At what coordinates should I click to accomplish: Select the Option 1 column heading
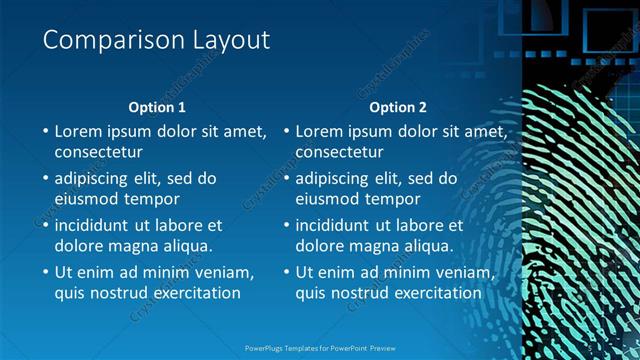[x=157, y=107]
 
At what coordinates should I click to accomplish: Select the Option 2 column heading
[x=398, y=107]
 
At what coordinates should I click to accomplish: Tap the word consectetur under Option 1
[x=98, y=153]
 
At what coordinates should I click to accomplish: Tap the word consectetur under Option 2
[x=339, y=153]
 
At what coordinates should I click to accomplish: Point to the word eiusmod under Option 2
[x=329, y=199]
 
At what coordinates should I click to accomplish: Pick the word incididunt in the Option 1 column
[x=98, y=225]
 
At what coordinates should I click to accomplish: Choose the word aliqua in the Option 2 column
[x=429, y=246]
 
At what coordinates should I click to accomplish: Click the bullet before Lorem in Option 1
[x=45, y=131]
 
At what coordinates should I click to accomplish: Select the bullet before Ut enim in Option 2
[x=286, y=272]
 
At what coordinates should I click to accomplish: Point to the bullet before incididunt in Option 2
[x=286, y=225]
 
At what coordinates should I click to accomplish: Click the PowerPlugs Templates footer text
[x=320, y=349]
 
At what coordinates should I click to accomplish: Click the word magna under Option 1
[x=131, y=246]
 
